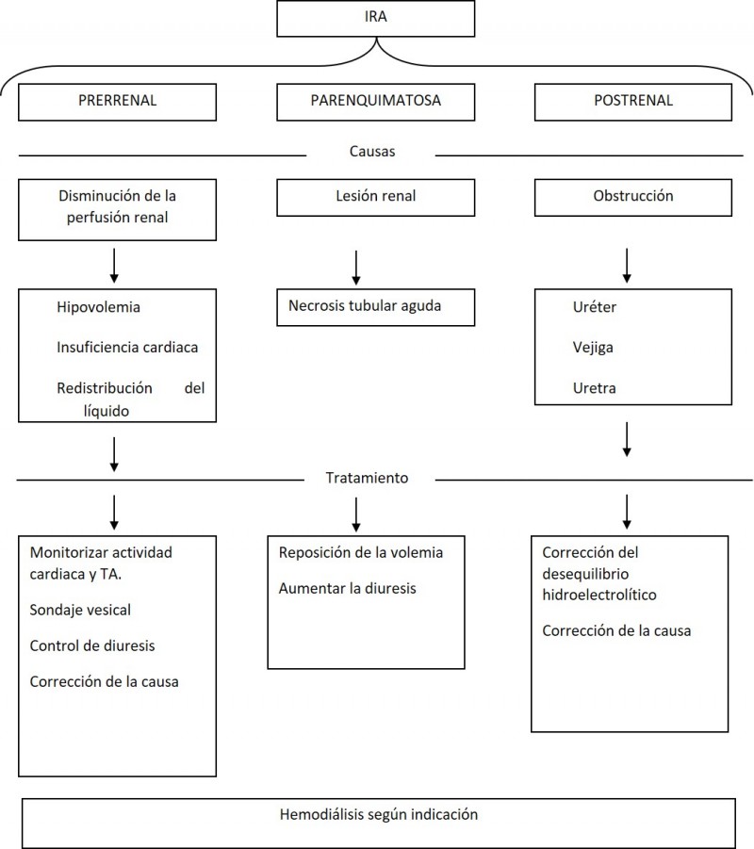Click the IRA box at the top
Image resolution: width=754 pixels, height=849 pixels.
375,19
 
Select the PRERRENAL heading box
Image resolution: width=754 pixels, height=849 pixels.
117,102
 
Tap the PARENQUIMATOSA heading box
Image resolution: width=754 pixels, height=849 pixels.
375,102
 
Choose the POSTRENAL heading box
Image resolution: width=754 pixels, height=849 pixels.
633,102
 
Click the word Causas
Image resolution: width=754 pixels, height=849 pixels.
372,151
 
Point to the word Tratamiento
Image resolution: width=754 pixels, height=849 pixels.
367,478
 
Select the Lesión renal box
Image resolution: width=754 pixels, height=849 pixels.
375,198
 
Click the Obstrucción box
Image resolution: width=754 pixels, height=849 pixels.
633,198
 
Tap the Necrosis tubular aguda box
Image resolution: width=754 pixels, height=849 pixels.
375,307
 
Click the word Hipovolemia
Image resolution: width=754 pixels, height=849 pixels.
98,307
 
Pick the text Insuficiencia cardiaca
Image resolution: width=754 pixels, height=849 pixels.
127,347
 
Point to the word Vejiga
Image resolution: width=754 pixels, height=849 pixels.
593,347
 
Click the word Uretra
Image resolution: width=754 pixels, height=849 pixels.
594,387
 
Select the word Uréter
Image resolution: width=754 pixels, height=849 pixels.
594,307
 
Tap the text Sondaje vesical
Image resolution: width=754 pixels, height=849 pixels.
80,610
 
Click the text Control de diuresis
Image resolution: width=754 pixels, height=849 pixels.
92,645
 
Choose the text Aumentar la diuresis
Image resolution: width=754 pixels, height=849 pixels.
347,588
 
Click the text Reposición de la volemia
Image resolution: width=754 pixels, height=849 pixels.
361,552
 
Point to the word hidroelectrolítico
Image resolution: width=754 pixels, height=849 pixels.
599,595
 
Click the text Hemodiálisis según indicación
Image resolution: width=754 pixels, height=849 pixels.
379,814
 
